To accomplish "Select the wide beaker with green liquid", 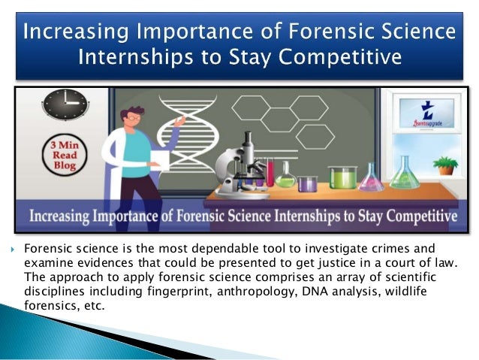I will [x=343, y=178].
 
